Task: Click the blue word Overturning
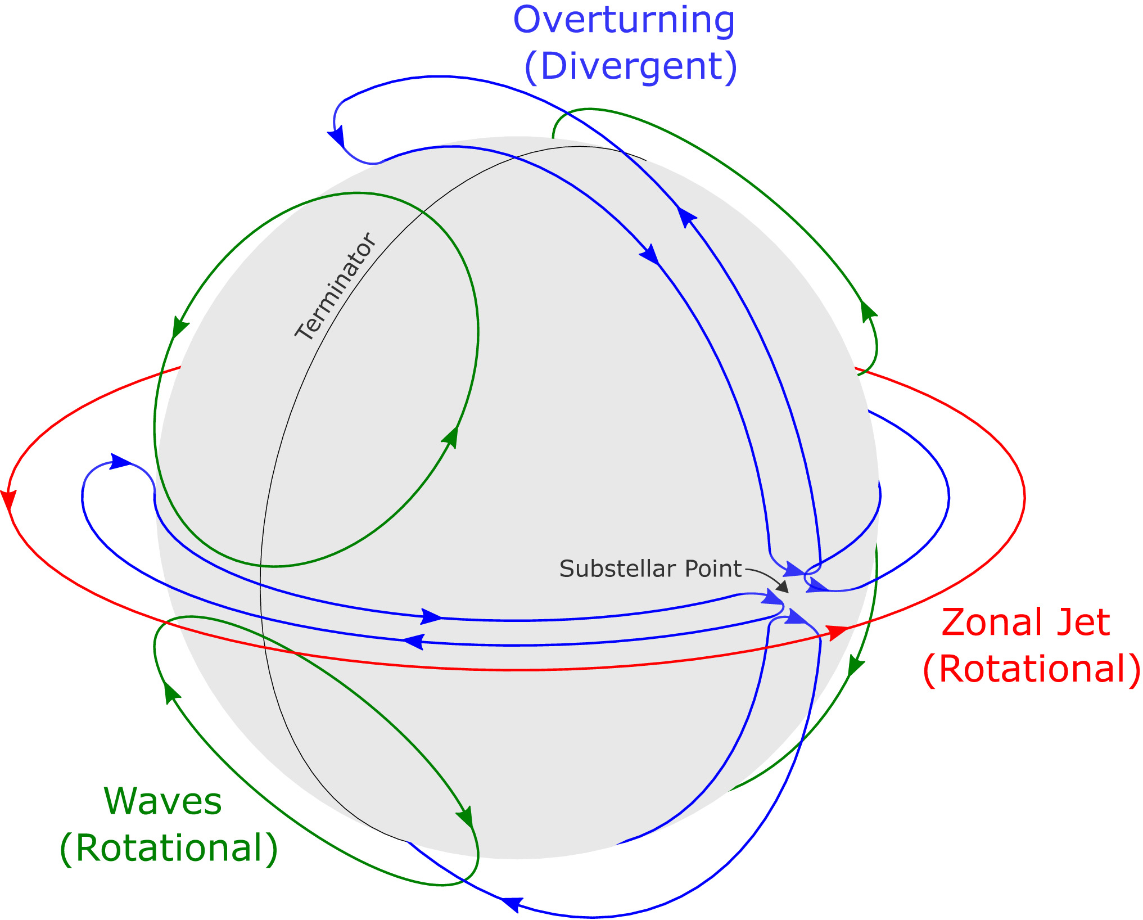point(624,21)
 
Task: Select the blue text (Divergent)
point(630,67)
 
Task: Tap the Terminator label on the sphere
point(335,287)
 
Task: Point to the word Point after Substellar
point(713,569)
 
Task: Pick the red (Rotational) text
point(1031,669)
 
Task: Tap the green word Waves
point(163,801)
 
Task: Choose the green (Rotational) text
point(169,848)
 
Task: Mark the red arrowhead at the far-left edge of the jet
point(8,500)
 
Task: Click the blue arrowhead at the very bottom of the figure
point(509,904)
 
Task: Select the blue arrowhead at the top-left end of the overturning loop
point(337,137)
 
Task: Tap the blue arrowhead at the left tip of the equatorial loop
point(120,462)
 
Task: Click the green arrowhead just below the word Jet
point(855,666)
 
